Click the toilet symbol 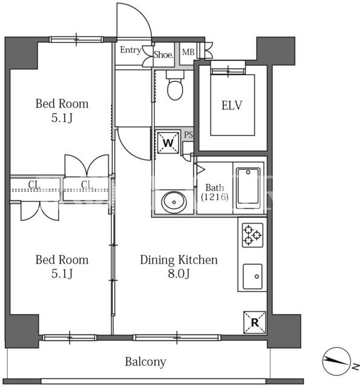point(175,85)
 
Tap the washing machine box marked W point(168,143)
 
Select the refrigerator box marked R point(255,322)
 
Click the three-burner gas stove point(252,235)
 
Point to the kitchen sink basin point(252,276)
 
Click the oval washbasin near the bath point(174,202)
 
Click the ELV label point(232,105)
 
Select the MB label point(188,52)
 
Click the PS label point(188,135)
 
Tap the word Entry point(131,50)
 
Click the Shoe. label point(163,54)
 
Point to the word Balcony point(145,362)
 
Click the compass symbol point(337,361)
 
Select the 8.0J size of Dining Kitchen point(178,274)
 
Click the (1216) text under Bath point(215,197)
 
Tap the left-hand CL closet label point(34,184)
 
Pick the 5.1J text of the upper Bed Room point(62,118)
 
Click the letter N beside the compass point(356,367)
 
